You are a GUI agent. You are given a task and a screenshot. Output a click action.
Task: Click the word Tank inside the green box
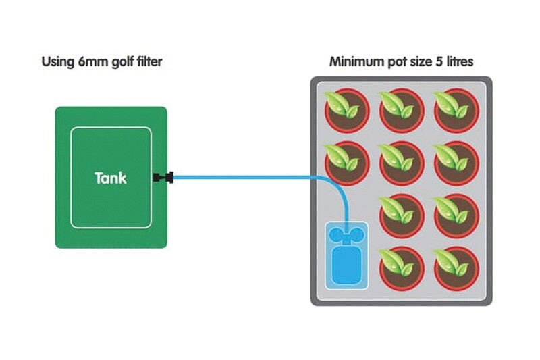pyautogui.click(x=111, y=178)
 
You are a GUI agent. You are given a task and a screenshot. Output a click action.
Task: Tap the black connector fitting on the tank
pyautogui.click(x=163, y=178)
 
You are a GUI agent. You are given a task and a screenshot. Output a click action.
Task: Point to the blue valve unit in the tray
pyautogui.click(x=347, y=255)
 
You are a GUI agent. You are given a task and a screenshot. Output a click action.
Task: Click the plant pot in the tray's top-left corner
pyautogui.click(x=347, y=110)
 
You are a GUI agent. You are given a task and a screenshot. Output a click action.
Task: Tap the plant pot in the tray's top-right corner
pyautogui.click(x=456, y=110)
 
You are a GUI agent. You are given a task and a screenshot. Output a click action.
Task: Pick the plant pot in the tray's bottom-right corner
pyautogui.click(x=456, y=269)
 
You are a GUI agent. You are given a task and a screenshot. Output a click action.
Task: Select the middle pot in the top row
pyautogui.click(x=402, y=110)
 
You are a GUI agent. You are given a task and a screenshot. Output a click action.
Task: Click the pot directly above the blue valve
pyautogui.click(x=347, y=163)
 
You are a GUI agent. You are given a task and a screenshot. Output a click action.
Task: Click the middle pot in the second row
pyautogui.click(x=402, y=163)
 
